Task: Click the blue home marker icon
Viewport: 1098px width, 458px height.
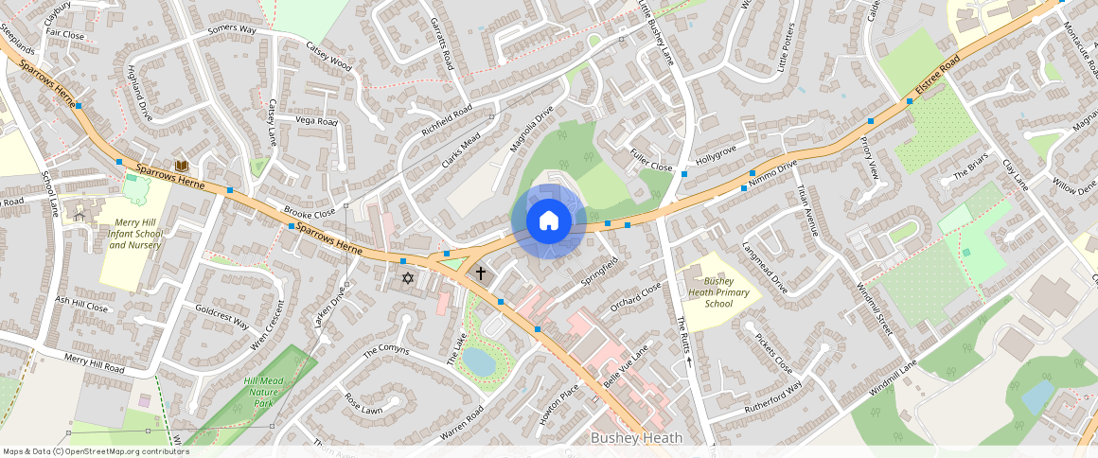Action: tap(548, 220)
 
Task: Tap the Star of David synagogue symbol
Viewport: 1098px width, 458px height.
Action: tap(408, 278)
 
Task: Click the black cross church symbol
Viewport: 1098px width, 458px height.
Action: tap(480, 273)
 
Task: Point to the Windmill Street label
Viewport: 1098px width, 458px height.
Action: tap(874, 308)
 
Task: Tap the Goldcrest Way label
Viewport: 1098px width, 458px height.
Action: tap(221, 316)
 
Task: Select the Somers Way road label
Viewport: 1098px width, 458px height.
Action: tap(232, 29)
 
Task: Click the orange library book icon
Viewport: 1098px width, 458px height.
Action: tap(182, 166)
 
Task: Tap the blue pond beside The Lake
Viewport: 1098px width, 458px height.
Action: tap(478, 361)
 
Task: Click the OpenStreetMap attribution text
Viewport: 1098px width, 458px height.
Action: tap(96, 451)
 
